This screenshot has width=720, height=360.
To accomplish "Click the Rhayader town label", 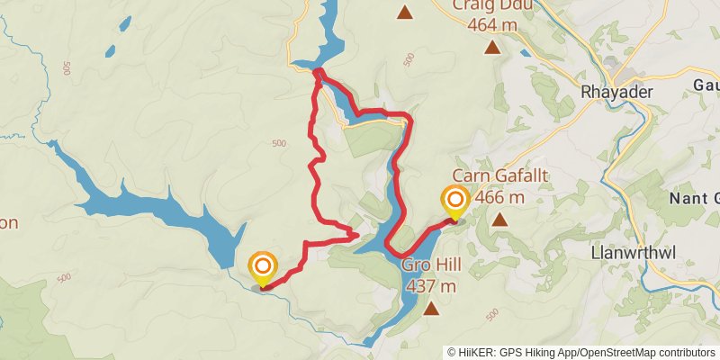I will click(x=616, y=92).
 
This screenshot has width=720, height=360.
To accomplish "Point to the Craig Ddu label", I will click(x=492, y=5).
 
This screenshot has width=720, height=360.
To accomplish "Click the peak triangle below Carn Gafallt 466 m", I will click(x=499, y=219).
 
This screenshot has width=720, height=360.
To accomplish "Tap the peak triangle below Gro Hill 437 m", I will click(x=432, y=310).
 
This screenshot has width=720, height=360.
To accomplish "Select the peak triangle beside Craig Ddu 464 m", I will click(x=491, y=48).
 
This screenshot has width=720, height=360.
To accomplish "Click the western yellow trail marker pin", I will click(x=262, y=267).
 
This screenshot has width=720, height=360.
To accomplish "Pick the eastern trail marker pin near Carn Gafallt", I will click(x=454, y=201).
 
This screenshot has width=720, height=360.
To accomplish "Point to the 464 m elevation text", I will click(x=492, y=25).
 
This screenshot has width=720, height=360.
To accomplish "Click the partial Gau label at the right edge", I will click(x=706, y=85).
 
